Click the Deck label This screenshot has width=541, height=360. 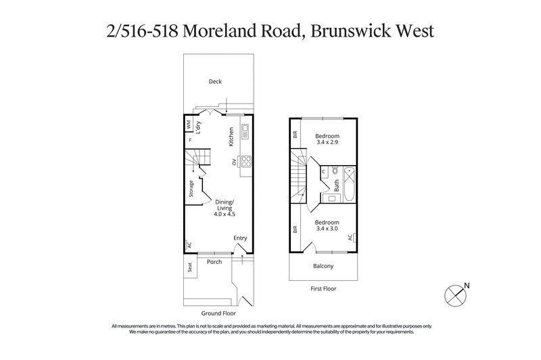coord(215,82)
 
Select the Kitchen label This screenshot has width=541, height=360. coord(231,137)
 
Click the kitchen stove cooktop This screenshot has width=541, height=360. coord(245,162)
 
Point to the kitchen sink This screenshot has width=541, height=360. coord(245,130)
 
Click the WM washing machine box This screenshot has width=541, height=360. coord(189,125)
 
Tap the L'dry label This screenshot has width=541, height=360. coord(199,127)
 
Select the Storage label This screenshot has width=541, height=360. coord(191,189)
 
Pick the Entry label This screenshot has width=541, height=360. coord(240,238)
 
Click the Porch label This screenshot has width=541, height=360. coord(214,261)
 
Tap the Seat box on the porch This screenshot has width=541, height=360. coord(189,269)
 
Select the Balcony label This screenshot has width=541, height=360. coord(324,266)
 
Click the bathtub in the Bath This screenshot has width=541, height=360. coord(349,184)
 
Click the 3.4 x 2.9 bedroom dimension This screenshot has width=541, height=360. coord(327,143)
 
